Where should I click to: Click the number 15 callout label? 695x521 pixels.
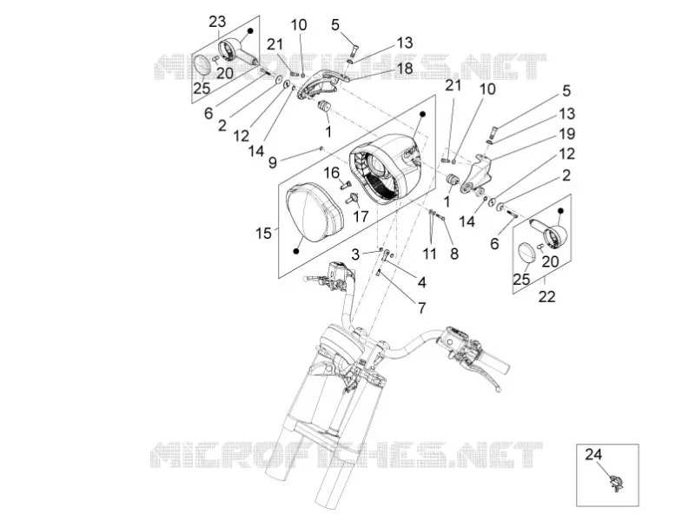pos(263,233)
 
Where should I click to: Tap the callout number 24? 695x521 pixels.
pos(594,454)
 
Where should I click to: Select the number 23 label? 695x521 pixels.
pos(217,21)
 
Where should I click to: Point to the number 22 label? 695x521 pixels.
pos(546,296)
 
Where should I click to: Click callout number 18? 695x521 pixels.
pos(405,69)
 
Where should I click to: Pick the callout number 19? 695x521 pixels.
pos(567,134)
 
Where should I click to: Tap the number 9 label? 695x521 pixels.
pos(273,163)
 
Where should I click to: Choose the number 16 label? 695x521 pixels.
pos(331,173)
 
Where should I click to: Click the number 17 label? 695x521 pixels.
pos(361,216)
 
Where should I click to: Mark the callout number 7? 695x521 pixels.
pos(421,308)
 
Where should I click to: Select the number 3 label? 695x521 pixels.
pos(355,254)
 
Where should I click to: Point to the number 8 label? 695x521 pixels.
pos(454,254)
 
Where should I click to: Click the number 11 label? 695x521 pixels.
pos(429,254)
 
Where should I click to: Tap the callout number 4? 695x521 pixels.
pos(421,282)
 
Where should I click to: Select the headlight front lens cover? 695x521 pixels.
pos(314,213)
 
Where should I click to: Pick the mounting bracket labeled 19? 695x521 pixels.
pos(476,175)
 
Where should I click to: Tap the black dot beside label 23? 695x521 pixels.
pos(250,31)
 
